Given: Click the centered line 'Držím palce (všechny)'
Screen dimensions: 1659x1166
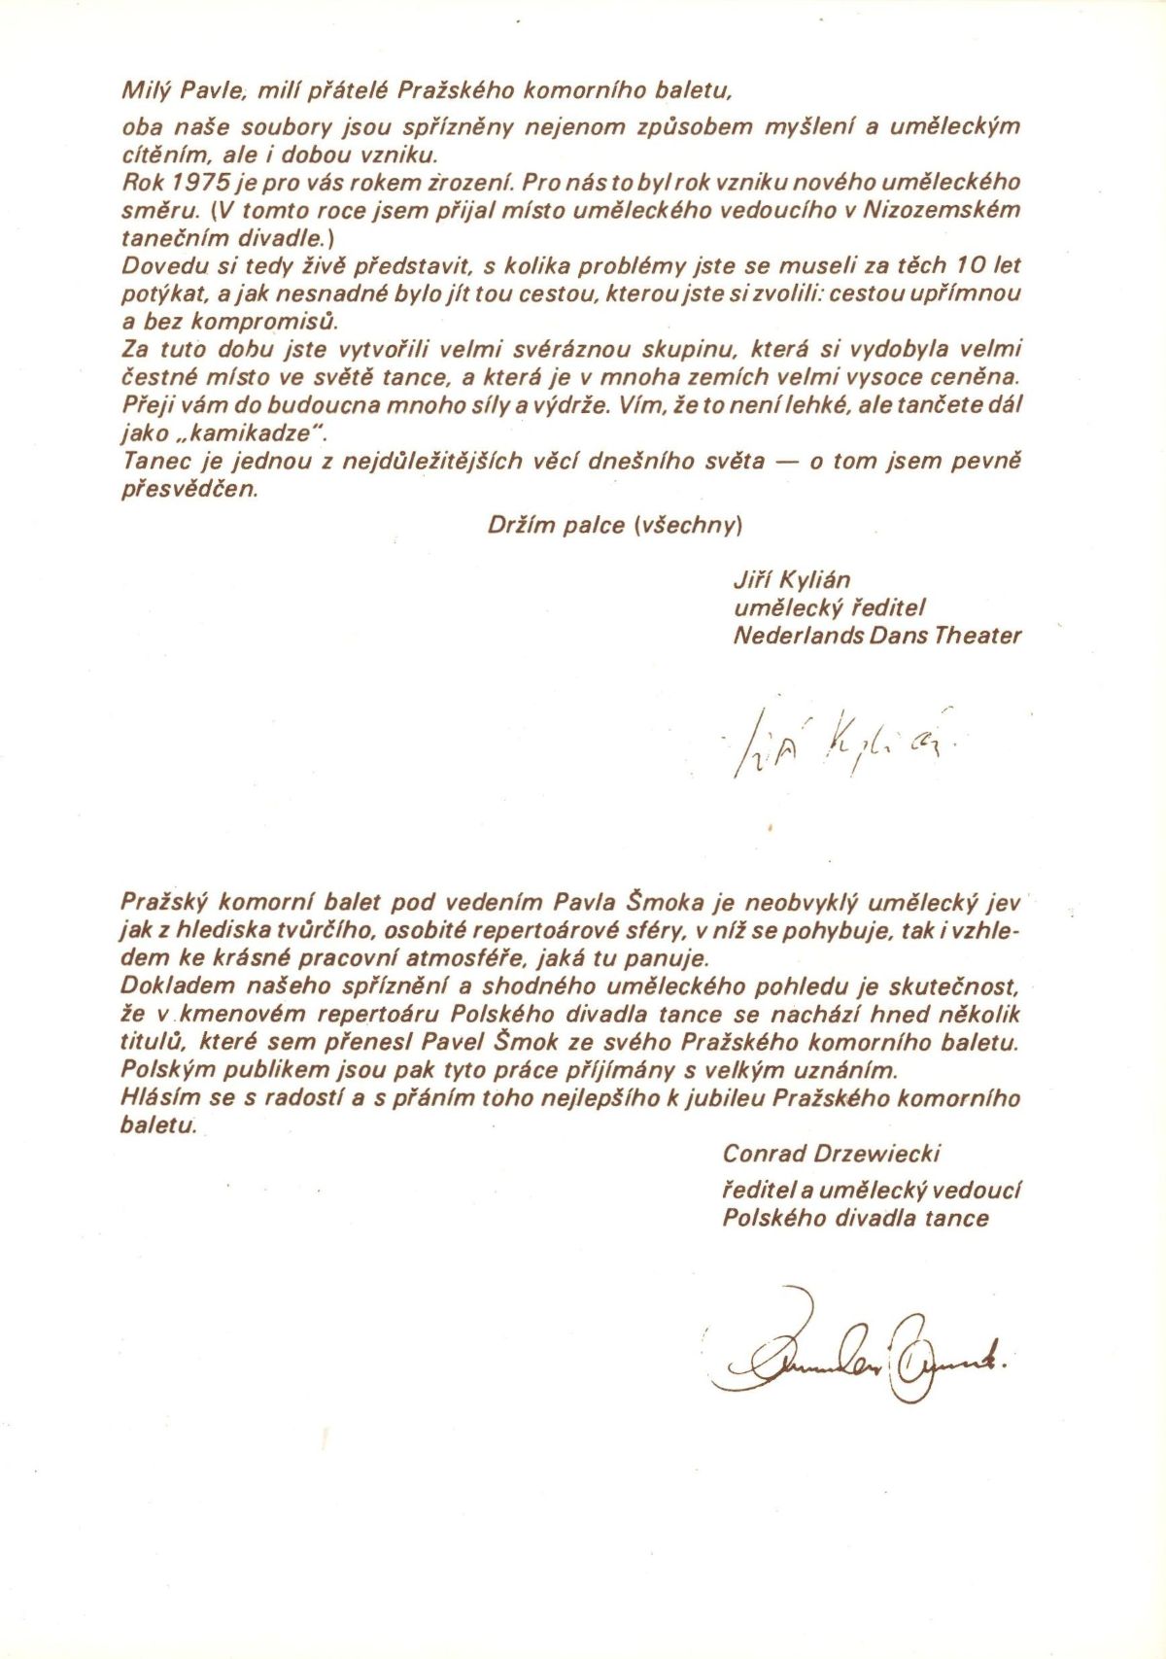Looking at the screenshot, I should point(615,526).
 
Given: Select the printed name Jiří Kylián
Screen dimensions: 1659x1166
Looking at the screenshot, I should point(791,580).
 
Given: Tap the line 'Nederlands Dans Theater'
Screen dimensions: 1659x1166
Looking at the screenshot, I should point(876,636).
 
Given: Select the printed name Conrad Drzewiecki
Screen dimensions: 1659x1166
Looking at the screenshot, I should point(831,1154).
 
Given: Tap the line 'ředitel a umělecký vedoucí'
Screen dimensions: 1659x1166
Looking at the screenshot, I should point(871,1190).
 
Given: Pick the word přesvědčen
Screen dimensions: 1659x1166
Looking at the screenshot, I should point(190,489).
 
